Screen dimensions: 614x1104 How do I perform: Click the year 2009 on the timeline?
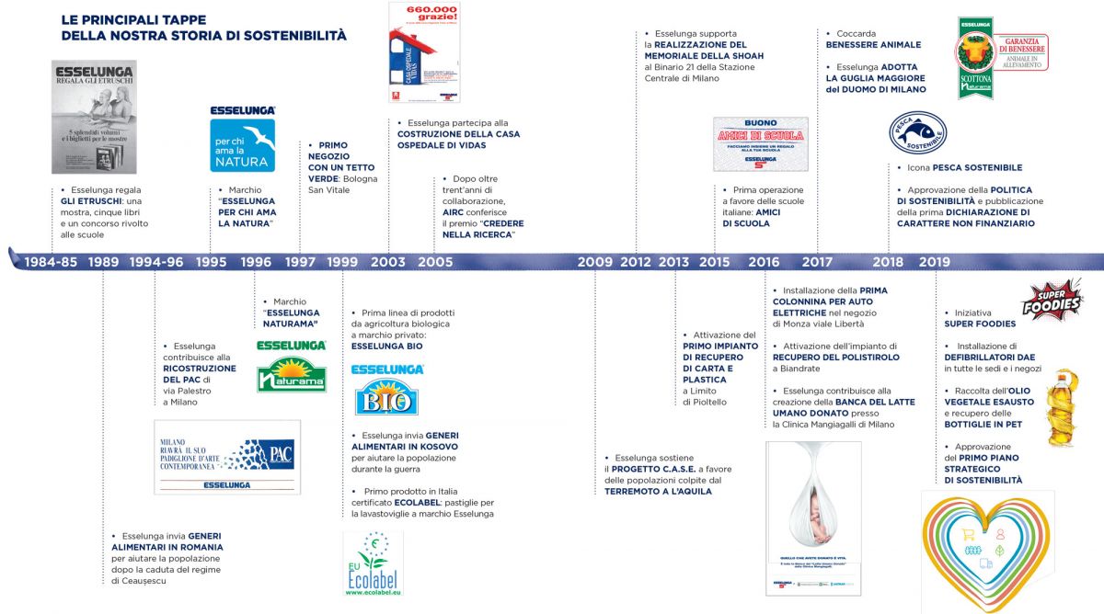[x=595, y=262]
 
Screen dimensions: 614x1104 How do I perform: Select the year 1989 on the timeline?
[x=103, y=262]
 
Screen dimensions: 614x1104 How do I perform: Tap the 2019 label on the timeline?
[x=934, y=262]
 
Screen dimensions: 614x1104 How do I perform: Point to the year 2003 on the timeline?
[x=387, y=262]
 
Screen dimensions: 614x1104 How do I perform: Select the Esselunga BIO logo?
[x=387, y=390]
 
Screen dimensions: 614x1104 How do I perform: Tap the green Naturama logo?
[x=292, y=367]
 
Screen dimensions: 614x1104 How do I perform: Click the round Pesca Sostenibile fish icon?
[x=917, y=133]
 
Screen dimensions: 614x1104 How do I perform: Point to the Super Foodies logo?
[x=1052, y=301]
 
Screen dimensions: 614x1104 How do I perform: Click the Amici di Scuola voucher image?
[x=761, y=143]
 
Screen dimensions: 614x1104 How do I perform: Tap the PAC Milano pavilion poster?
[x=227, y=457]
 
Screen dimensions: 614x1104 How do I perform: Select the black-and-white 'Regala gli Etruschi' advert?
[x=94, y=117]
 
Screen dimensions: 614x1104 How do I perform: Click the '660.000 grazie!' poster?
[x=424, y=51]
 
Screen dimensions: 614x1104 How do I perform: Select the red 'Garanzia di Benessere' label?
[x=1020, y=52]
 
